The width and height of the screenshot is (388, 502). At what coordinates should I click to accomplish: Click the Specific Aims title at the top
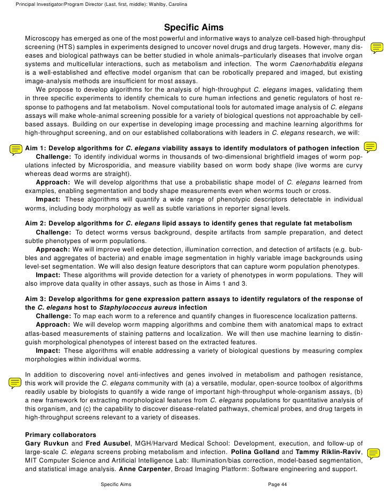(x=193, y=27)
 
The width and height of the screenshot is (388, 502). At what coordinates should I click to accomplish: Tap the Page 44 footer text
(x=277, y=484)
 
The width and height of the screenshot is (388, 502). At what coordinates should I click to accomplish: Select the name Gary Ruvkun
(x=47, y=443)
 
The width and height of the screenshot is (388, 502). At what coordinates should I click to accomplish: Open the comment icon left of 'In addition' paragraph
(x=16, y=382)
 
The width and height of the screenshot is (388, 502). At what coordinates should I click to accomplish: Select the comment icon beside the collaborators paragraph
(x=374, y=454)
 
